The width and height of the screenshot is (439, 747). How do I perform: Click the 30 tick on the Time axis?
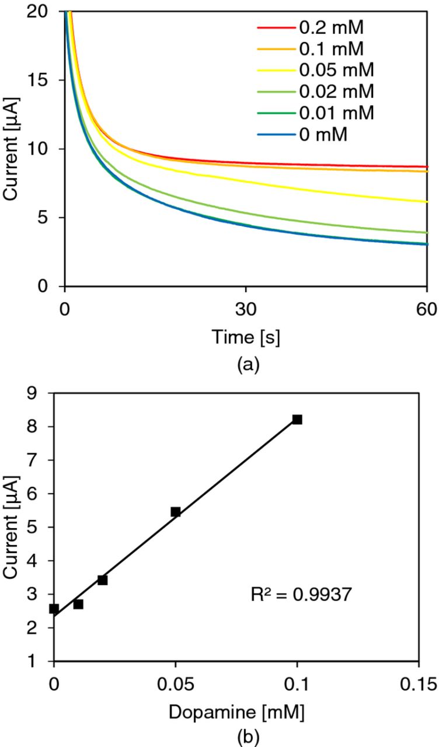coord(246,310)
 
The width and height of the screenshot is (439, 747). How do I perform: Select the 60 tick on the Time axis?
coord(427,310)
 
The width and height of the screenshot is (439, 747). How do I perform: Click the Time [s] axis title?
coord(246,337)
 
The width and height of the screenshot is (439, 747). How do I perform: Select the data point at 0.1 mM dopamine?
coord(297,419)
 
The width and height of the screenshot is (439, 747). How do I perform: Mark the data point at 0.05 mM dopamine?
coord(176,512)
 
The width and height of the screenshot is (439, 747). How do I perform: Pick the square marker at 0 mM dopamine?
coord(54,609)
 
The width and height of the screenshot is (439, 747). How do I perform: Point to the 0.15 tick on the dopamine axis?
coord(418,683)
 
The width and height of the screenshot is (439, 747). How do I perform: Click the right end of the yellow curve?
coord(426,201)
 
